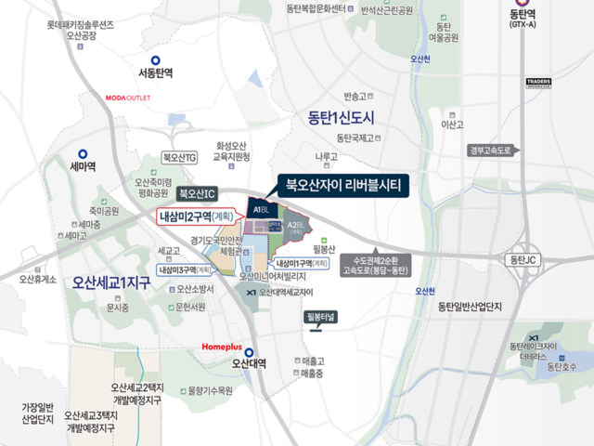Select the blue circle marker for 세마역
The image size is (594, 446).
(x=84, y=154)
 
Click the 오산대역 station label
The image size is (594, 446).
(x=249, y=363)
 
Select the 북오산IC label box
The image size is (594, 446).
(x=197, y=193)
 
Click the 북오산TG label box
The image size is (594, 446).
(x=179, y=158)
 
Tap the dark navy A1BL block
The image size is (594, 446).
(x=254, y=210)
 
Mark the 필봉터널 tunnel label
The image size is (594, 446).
(x=326, y=316)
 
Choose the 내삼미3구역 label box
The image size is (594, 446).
(x=190, y=269)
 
